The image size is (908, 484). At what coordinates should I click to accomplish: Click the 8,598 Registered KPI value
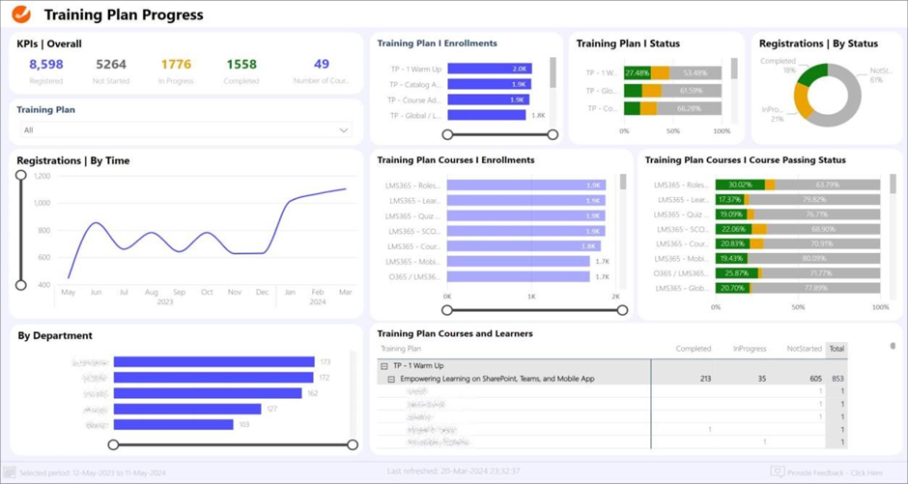tap(45, 65)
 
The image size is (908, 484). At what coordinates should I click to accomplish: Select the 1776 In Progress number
tap(176, 65)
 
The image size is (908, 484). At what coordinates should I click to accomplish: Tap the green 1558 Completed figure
tap(241, 65)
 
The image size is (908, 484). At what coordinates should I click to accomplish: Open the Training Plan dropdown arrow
tap(343, 130)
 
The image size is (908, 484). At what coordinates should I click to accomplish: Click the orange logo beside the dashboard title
tap(21, 14)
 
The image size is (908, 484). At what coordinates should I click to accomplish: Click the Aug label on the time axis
tap(152, 292)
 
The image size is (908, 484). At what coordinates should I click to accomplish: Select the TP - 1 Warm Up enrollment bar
tap(489, 69)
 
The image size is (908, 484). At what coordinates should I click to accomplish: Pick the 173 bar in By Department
tap(213, 362)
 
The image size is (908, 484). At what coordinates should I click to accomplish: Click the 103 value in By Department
tap(244, 424)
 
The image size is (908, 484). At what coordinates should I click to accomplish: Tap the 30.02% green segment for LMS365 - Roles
tap(740, 185)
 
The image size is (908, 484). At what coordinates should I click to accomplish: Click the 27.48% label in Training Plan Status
tap(637, 72)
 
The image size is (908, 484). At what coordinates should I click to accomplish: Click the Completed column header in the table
tap(694, 349)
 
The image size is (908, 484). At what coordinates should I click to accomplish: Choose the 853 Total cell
tap(837, 379)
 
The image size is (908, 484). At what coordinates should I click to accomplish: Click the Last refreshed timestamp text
tap(453, 471)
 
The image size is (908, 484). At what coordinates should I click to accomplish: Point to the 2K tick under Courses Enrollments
tap(615, 297)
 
